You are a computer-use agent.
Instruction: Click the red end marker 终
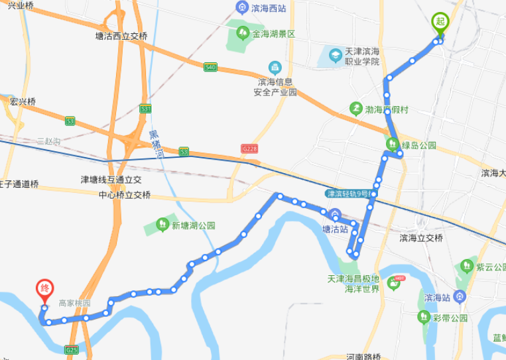tap(45, 289)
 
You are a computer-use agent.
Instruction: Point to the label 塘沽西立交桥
tap(121, 37)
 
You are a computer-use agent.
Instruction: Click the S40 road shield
tap(211, 67)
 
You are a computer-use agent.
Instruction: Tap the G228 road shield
tap(250, 149)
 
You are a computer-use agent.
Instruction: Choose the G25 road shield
tap(72, 349)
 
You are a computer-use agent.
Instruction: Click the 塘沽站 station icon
tap(336, 217)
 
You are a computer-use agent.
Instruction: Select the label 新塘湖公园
tap(194, 225)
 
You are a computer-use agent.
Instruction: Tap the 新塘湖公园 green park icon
tap(162, 225)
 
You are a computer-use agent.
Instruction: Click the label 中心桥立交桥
tap(125, 195)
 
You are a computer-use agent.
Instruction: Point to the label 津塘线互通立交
tap(111, 180)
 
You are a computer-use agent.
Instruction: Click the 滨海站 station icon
tap(461, 296)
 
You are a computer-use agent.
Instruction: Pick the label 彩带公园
tap(450, 318)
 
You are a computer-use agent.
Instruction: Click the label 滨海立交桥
tap(421, 238)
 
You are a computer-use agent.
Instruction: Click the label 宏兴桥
tap(23, 101)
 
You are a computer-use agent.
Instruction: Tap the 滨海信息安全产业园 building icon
tap(275, 68)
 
